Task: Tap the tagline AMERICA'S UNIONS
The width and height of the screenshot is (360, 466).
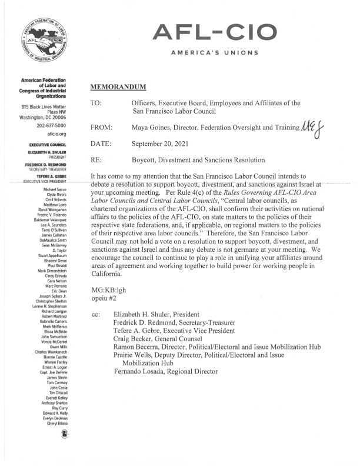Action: point(214,53)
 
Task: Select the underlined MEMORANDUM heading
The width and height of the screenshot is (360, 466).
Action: point(118,88)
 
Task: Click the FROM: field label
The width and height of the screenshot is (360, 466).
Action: point(102,127)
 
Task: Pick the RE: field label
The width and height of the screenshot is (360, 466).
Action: point(97,159)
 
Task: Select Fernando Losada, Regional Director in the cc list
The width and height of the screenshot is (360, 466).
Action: point(165,372)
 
